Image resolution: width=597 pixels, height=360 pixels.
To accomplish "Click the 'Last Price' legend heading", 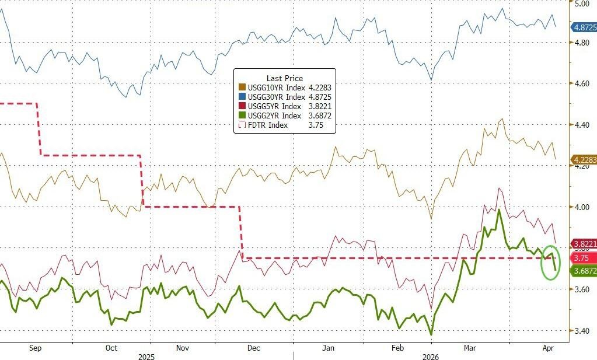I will coord(284,78).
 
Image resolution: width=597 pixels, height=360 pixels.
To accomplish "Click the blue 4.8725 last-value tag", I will coord(584,27).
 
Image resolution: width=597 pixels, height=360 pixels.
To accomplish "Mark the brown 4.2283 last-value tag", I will coord(584,159).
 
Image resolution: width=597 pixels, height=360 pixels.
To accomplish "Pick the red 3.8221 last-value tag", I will coord(584,243).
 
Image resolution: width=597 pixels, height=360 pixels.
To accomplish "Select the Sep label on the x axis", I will coord(36,348).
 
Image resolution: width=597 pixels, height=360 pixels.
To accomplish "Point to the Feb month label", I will coord(397,348).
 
